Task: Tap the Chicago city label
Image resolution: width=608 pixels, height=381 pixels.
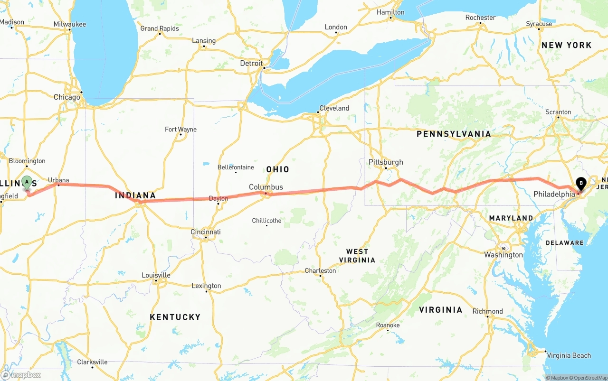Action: coord(67,97)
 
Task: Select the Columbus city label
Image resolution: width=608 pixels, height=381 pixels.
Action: coord(266,187)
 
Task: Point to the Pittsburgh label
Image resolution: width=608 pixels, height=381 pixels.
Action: coord(386,162)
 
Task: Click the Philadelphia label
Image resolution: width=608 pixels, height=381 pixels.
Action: coord(554,194)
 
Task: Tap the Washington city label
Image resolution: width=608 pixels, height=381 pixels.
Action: coord(503,255)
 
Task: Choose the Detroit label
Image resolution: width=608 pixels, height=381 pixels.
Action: coord(251,63)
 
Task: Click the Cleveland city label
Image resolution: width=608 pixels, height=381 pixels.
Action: coord(334,108)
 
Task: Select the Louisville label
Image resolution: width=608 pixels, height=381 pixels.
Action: coord(156,275)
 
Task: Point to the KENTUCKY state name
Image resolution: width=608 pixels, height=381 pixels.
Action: coord(175,317)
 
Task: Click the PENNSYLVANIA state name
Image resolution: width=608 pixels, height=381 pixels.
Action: coord(454,134)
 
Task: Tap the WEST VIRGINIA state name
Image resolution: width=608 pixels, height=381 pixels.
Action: coord(357,256)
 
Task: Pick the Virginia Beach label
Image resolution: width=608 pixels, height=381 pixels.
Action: coord(569,355)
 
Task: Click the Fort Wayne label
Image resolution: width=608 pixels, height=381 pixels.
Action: coord(180,130)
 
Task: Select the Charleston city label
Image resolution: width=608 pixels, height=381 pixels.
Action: coord(320,271)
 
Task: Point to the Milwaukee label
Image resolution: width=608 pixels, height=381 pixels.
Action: coord(70,24)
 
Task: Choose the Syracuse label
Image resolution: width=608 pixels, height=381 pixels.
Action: coord(539,24)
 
